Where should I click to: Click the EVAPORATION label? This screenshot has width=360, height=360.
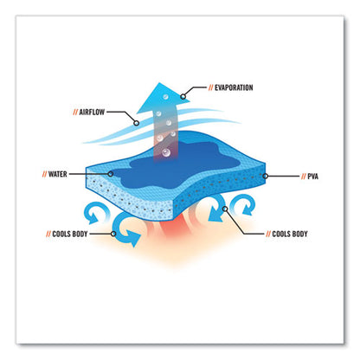(234, 87)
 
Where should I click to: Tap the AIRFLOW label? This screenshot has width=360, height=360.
(92, 112)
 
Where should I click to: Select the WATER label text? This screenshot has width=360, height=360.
(57, 174)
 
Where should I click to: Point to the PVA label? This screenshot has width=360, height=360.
(313, 177)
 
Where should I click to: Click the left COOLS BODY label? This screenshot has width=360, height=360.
(70, 234)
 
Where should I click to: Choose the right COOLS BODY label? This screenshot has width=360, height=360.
(290, 234)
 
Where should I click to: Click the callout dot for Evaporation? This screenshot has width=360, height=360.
(183, 96)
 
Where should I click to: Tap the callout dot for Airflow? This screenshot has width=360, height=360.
(137, 123)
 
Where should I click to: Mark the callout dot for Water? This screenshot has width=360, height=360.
(110, 174)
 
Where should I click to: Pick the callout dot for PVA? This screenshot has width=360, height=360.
(266, 176)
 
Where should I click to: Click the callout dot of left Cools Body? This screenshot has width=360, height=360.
(113, 234)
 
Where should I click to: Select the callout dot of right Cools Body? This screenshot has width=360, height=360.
(225, 209)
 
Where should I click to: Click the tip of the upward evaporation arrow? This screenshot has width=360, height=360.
(159, 83)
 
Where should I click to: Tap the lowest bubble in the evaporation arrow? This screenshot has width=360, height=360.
(166, 152)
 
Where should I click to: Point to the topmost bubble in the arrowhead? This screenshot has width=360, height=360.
(165, 97)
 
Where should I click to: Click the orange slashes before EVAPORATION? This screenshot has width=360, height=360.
(211, 87)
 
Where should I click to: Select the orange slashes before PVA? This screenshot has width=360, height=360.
(304, 177)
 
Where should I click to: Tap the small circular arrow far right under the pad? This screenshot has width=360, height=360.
(245, 204)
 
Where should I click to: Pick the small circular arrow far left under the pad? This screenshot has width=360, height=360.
(94, 213)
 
